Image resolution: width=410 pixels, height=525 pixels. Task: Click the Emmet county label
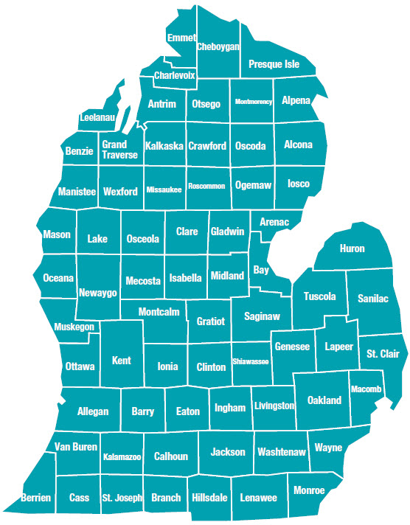tap(181, 38)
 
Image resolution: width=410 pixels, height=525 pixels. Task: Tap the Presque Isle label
tap(274, 64)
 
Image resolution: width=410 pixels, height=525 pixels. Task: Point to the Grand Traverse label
tap(119, 150)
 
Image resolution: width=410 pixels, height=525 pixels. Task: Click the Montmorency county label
tap(254, 102)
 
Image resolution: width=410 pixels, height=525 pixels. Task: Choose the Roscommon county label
tap(206, 186)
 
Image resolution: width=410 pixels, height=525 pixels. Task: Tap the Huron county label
tap(352, 248)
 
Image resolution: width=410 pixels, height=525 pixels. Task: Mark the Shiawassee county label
tap(251, 361)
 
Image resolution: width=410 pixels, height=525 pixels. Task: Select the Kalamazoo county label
tap(122, 457)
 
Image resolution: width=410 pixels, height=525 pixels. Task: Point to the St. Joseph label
tap(122, 498)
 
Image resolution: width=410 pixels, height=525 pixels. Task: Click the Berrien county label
tap(36, 498)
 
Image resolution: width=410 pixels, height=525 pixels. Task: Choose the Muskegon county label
tap(74, 326)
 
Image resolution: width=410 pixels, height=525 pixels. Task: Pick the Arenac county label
tap(274, 222)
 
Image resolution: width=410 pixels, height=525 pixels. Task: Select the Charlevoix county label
tap(175, 75)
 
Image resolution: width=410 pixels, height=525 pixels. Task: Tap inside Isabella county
tap(185, 278)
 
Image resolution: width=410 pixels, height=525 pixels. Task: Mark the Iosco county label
tap(299, 184)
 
